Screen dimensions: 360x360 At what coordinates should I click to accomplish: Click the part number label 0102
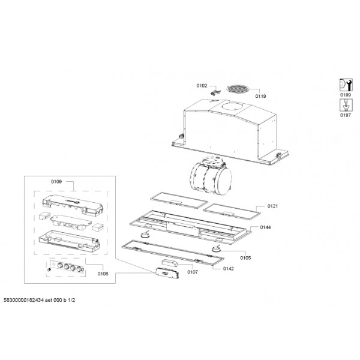(x=202, y=86)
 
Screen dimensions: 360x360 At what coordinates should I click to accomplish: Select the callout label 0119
(x=260, y=96)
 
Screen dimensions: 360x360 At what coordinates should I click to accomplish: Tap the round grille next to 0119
(x=237, y=89)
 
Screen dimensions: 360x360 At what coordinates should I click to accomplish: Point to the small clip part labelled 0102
(x=215, y=93)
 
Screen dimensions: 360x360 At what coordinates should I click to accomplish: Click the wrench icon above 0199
(x=346, y=85)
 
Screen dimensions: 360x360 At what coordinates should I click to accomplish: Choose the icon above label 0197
(x=346, y=106)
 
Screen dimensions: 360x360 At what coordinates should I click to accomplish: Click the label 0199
(x=346, y=95)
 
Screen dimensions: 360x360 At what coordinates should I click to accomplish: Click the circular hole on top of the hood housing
(x=232, y=107)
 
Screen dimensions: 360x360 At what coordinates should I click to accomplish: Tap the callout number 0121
(x=272, y=206)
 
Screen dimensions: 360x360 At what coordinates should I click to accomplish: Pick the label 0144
(x=265, y=227)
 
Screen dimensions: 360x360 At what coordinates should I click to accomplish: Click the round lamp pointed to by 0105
(x=216, y=248)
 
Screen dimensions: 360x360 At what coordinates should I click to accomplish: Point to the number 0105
(x=245, y=258)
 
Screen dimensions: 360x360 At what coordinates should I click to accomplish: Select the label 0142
(x=229, y=269)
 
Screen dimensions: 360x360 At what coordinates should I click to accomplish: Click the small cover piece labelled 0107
(x=169, y=263)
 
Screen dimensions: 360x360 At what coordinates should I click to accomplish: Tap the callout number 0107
(x=193, y=272)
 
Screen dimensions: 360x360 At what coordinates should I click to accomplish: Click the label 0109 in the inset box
(x=56, y=182)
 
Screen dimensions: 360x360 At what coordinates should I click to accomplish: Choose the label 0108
(x=103, y=274)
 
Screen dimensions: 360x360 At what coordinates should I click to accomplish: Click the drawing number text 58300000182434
(x=23, y=300)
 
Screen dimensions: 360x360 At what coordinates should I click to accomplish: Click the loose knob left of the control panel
(x=49, y=269)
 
